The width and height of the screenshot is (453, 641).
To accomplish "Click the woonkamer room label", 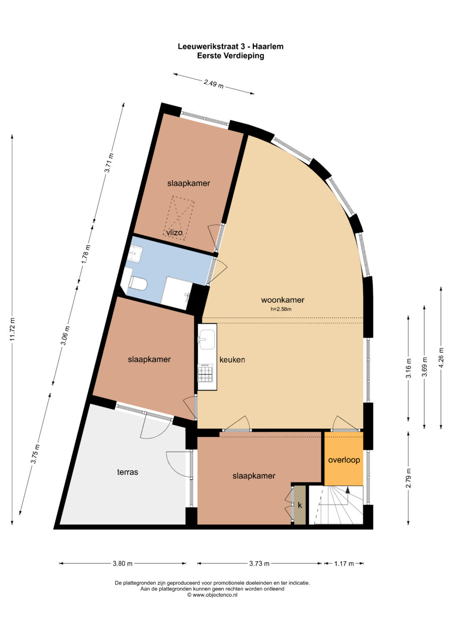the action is [282, 300].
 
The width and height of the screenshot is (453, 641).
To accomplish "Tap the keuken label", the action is [232, 360].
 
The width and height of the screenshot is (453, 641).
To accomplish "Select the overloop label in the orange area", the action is [344, 460].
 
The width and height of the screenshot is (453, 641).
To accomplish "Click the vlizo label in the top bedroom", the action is [174, 233].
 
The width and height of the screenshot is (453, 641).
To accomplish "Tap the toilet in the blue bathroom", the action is [139, 283].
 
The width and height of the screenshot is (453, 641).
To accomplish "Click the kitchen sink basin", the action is [207, 339].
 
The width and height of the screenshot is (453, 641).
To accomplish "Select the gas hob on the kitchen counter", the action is [206, 373].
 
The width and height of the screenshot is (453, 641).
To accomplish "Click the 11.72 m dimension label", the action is [12, 329].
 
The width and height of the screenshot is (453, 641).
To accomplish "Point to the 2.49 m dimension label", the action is [213, 84].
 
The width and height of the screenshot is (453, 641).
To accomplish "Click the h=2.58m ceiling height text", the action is [281, 309].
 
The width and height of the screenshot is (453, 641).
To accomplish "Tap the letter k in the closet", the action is [300, 505].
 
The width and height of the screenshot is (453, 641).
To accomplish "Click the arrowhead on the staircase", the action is [347, 490].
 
